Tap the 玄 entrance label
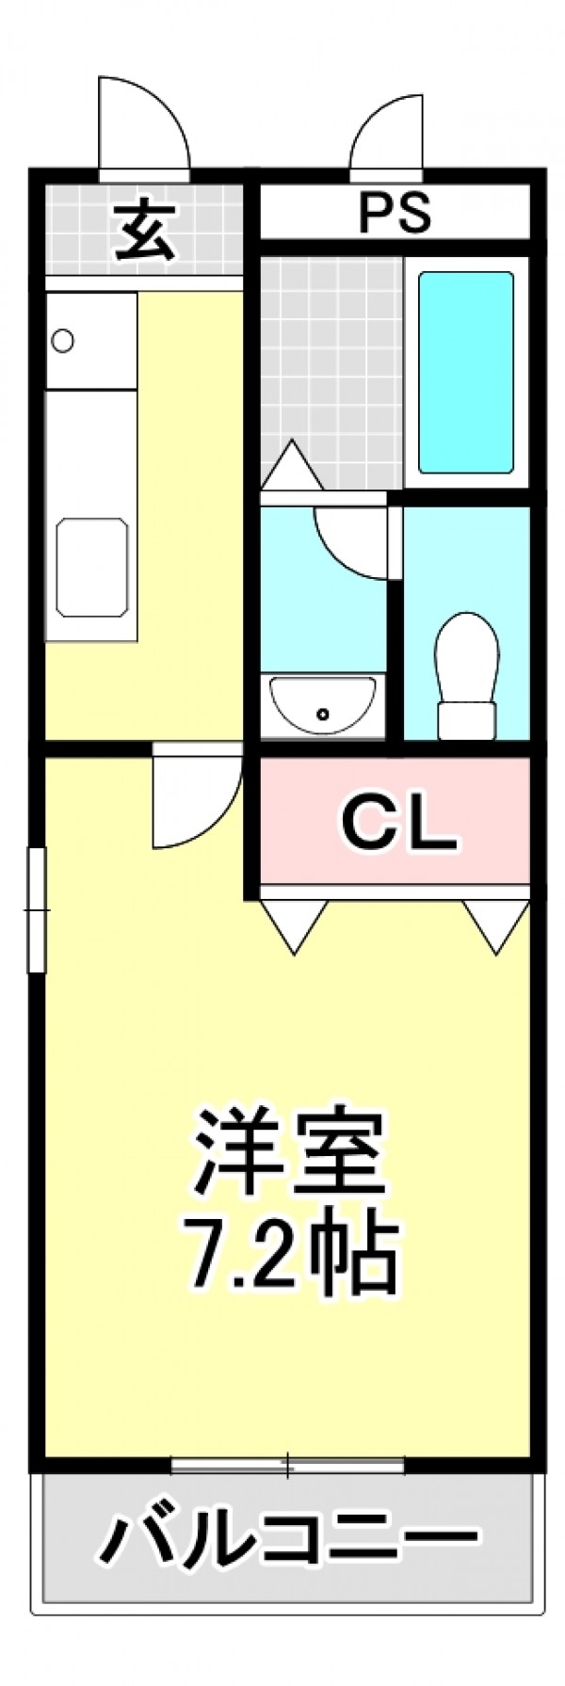coord(145,231)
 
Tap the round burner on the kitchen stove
coord(63,341)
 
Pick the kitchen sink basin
coord(91,567)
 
